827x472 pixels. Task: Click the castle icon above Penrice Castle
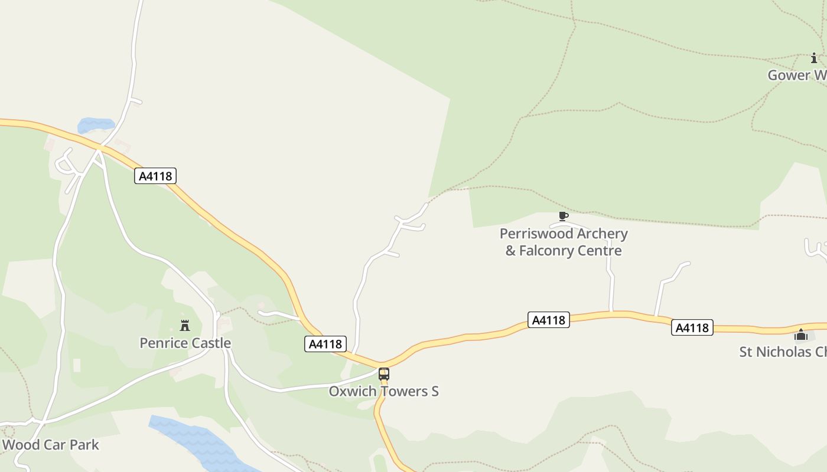185,325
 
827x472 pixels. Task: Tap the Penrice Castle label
185,343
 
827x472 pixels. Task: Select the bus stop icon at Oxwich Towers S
384,374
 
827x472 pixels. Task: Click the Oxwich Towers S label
383,391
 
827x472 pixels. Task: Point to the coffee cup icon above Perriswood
563,217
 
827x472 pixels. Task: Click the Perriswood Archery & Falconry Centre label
564,242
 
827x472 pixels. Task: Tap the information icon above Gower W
814,58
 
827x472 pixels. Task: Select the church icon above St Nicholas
801,335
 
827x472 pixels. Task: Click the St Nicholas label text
783,352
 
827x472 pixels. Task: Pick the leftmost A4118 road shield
155,176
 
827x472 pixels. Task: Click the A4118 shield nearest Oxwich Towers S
325,344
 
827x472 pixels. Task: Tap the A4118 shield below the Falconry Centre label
549,320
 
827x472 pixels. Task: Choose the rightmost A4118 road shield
692,327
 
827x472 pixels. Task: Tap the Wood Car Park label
50,445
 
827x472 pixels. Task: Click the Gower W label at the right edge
797,76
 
